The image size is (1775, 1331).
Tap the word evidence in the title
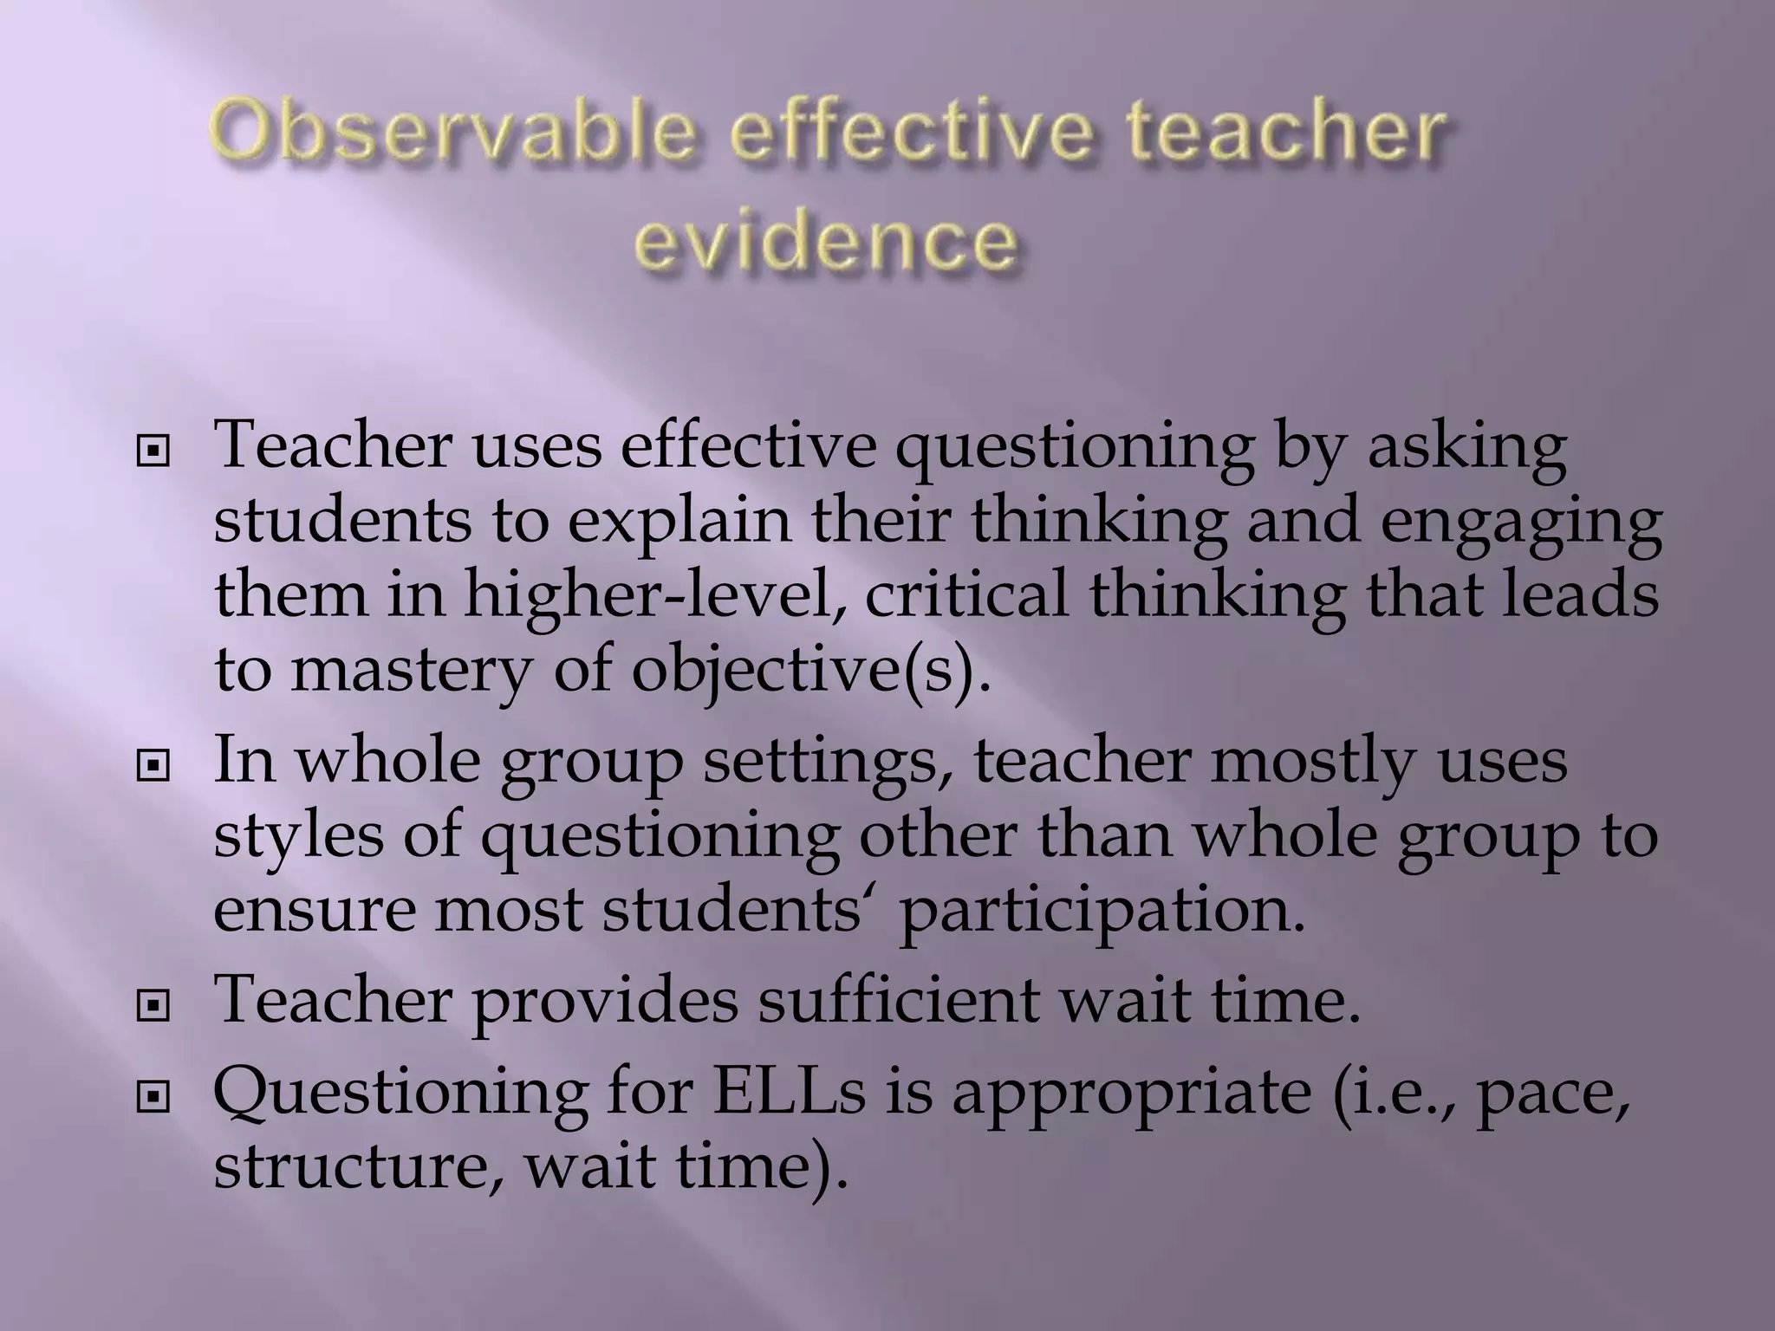tap(826, 238)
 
